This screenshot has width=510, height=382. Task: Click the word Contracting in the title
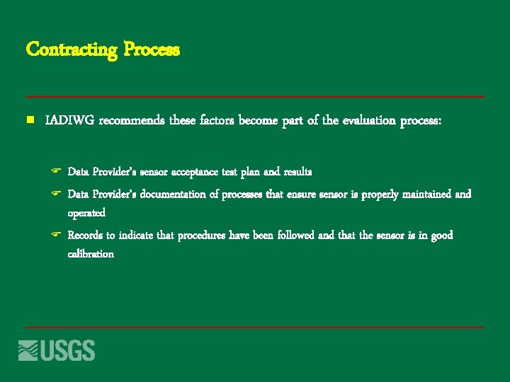[72, 50]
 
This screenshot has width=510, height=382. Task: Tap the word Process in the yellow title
[152, 50]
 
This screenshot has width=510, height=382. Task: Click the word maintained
[423, 194]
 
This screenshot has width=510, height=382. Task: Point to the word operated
[86, 212]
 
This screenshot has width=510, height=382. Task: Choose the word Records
[85, 235]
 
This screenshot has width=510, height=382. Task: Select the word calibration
[91, 253]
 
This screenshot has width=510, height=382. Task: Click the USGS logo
[57, 349]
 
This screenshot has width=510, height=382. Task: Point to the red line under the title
[255, 96]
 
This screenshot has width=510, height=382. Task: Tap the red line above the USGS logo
[255, 328]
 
